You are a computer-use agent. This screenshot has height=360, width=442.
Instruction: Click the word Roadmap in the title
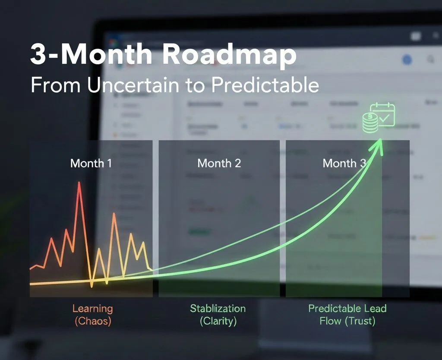[x=225, y=55]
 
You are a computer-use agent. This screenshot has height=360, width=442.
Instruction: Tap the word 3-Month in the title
[x=91, y=55]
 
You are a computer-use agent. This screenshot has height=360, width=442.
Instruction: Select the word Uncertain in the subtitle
[x=133, y=85]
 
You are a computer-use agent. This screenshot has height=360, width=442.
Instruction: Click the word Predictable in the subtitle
[x=265, y=85]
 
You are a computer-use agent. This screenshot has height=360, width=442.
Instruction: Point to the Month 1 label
[x=91, y=163]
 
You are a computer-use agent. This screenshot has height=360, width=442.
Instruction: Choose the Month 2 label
[x=219, y=163]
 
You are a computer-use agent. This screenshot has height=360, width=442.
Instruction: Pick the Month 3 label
[x=344, y=163]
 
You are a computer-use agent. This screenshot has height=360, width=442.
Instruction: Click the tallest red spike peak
[x=79, y=183]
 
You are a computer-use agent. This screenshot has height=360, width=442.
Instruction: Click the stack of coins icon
[x=370, y=123]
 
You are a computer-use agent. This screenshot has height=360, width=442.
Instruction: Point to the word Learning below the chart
[x=92, y=309]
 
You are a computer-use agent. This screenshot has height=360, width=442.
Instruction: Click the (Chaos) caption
[x=92, y=321]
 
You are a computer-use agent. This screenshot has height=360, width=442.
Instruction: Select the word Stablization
[x=218, y=309]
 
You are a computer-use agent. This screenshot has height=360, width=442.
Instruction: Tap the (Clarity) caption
[x=218, y=321]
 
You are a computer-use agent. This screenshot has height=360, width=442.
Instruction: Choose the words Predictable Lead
[x=347, y=309]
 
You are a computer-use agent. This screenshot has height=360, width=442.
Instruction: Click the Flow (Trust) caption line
[x=347, y=321]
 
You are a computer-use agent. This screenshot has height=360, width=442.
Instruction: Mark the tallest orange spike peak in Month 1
[x=114, y=214]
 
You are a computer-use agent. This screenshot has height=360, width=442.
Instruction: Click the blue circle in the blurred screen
[x=407, y=60]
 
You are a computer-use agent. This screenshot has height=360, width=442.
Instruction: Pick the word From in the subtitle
[x=56, y=85]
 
